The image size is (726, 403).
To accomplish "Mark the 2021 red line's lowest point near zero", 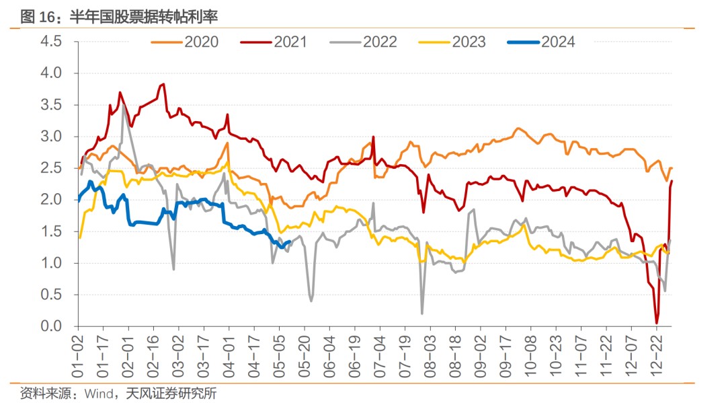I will point(656,322).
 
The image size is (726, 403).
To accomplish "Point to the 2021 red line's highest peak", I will point(163,84).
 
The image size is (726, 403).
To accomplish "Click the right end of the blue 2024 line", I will point(289,242).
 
